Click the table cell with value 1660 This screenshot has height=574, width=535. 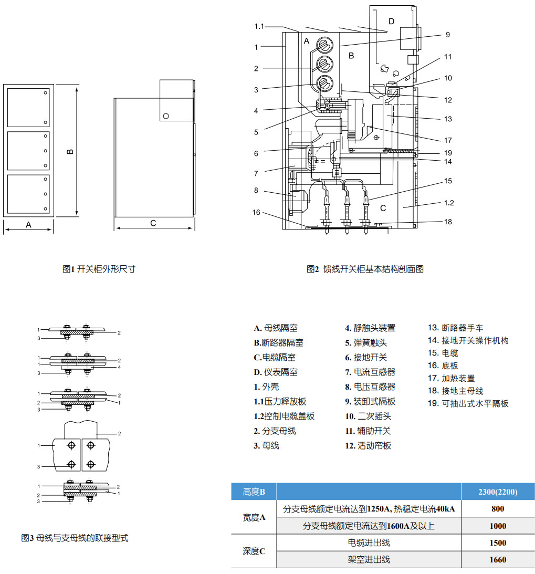(x=497, y=559)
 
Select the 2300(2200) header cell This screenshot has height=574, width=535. (x=497, y=492)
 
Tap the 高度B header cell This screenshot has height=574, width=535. (x=254, y=492)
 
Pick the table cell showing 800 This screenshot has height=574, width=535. (x=497, y=509)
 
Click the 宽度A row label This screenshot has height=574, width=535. (x=254, y=517)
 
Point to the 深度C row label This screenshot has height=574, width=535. (x=254, y=551)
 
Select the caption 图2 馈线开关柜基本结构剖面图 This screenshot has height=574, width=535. (x=365, y=269)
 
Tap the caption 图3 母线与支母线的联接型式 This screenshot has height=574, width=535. (x=75, y=538)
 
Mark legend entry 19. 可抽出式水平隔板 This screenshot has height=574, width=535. (x=468, y=403)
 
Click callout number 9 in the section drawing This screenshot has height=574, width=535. (x=447, y=35)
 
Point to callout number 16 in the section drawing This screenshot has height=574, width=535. (x=256, y=212)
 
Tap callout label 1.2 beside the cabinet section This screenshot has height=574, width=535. (x=448, y=203)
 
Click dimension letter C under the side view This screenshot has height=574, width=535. (x=153, y=223)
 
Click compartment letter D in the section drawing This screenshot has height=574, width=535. (x=391, y=21)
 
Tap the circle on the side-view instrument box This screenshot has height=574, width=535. (x=166, y=116)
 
